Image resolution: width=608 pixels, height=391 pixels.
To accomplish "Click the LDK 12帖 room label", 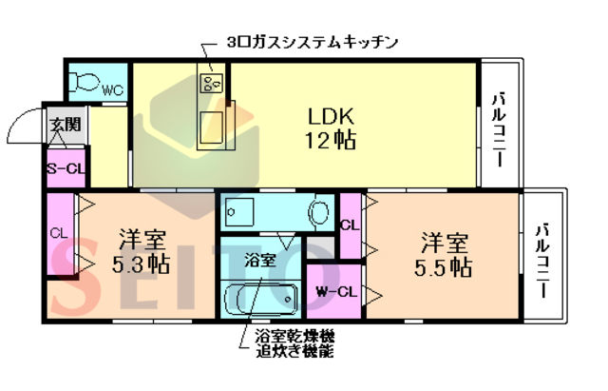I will (331, 128).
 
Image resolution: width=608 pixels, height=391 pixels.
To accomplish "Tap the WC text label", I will (112, 91).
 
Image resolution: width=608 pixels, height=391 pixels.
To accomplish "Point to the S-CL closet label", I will (64, 169).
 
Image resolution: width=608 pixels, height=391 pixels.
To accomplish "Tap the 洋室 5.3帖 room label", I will (143, 253).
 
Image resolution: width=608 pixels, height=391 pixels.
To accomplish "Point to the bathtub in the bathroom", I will (259, 298).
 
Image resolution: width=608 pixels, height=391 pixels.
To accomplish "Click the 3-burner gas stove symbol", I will (211, 84).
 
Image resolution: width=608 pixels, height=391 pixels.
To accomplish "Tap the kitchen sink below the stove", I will (214, 124).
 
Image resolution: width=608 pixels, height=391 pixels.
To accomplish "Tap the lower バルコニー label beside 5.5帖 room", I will (542, 258).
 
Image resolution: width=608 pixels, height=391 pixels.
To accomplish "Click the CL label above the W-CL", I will (349, 225).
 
